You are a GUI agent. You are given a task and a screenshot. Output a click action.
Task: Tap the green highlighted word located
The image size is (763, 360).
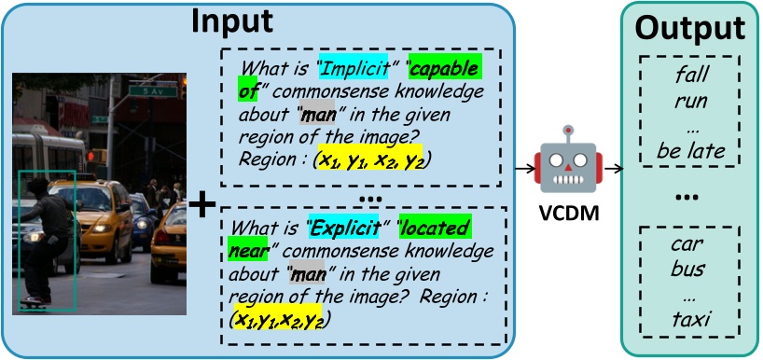[443, 228]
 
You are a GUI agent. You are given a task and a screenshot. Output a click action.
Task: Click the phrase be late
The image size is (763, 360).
[691, 149]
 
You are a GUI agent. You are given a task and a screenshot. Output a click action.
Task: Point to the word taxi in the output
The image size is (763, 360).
[691, 321]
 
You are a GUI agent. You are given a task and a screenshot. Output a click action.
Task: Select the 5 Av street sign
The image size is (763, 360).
[144, 92]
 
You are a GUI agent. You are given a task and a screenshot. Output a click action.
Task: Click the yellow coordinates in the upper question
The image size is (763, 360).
[372, 159]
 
